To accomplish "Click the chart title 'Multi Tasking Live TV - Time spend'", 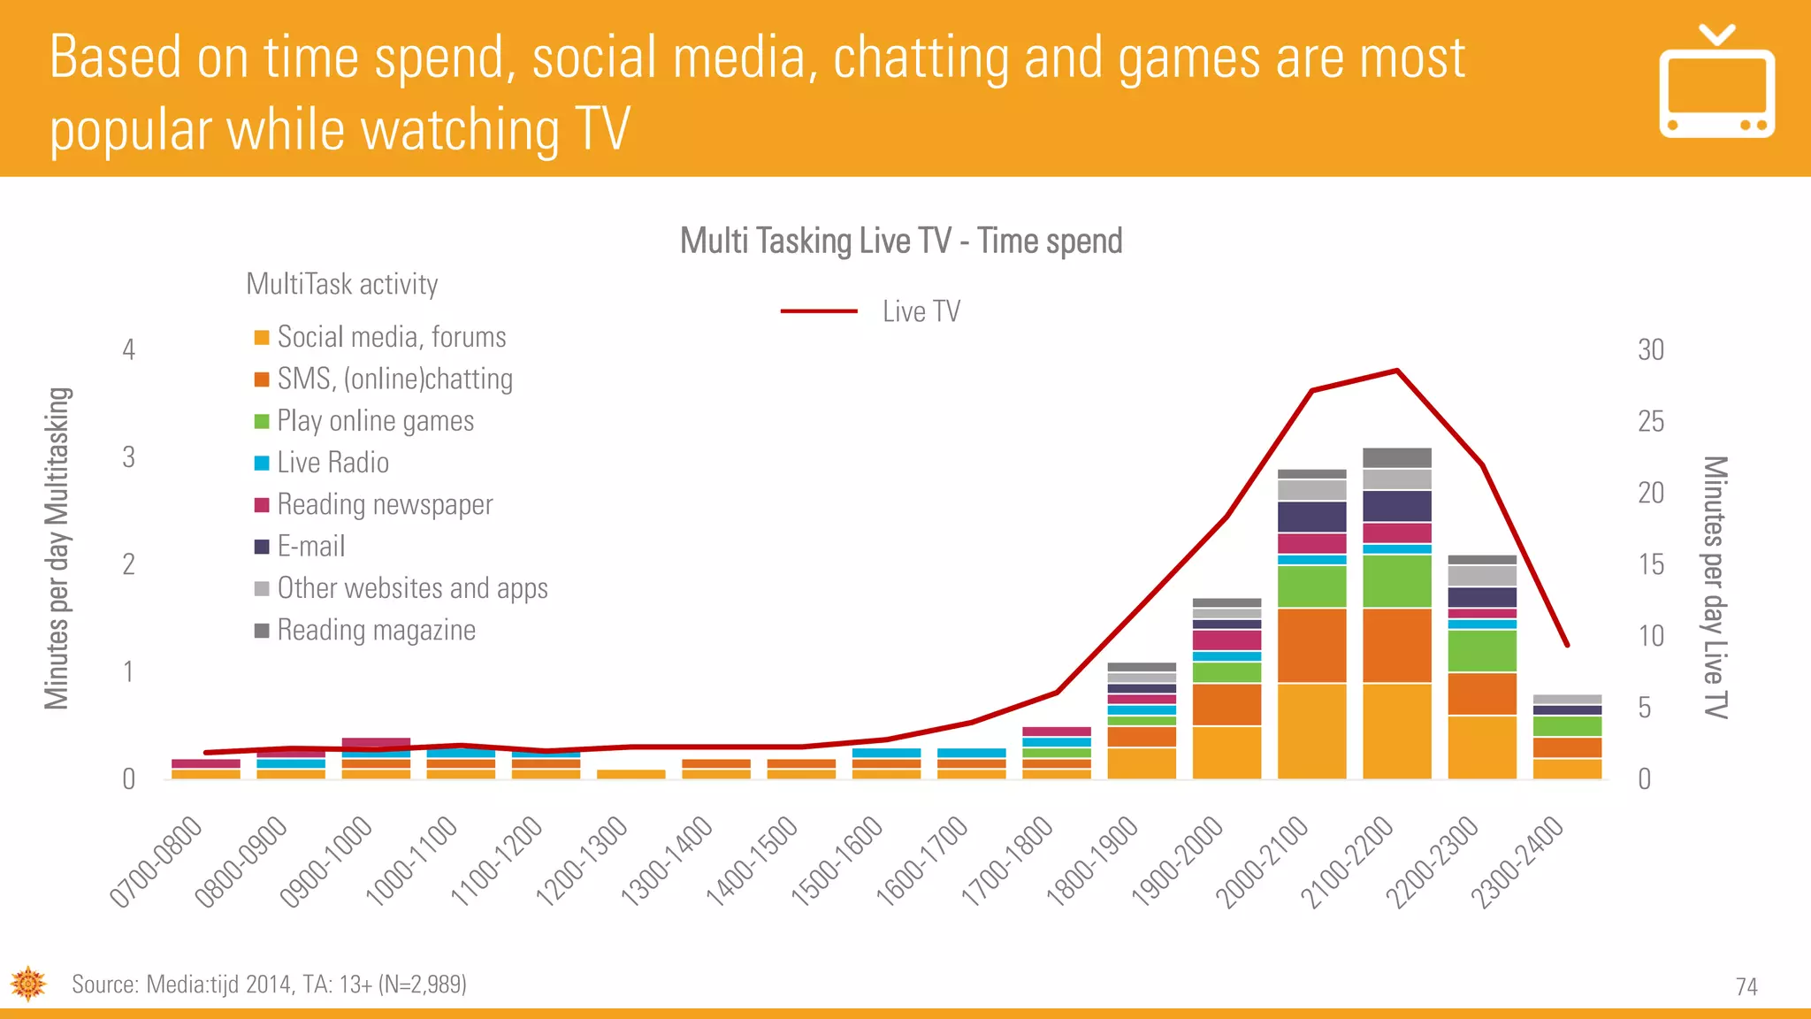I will pos(900,241).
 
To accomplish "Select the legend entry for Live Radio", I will pos(332,463).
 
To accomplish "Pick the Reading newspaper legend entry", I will pos(384,504).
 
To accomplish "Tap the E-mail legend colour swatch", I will pos(262,547).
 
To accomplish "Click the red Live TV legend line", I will pos(819,311).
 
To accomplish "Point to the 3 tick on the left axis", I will pos(129,457).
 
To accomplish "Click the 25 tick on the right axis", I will pos(1650,421).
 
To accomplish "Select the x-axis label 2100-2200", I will pos(1347,862).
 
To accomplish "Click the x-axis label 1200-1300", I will pos(582,862).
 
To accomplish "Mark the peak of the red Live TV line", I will pos(1397,371).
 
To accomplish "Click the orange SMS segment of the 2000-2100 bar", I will pos(1312,646).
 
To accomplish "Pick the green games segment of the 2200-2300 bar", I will pos(1482,651).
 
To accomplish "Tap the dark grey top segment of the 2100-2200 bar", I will pos(1397,457).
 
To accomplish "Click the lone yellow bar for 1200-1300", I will pos(631,774).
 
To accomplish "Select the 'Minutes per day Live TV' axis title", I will pos(1715,587).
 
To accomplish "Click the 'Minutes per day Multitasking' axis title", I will pos(57,548).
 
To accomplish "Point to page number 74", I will pos(1746,986).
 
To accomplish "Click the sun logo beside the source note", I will pos(28,984).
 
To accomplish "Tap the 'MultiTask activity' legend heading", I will pos(341,284).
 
